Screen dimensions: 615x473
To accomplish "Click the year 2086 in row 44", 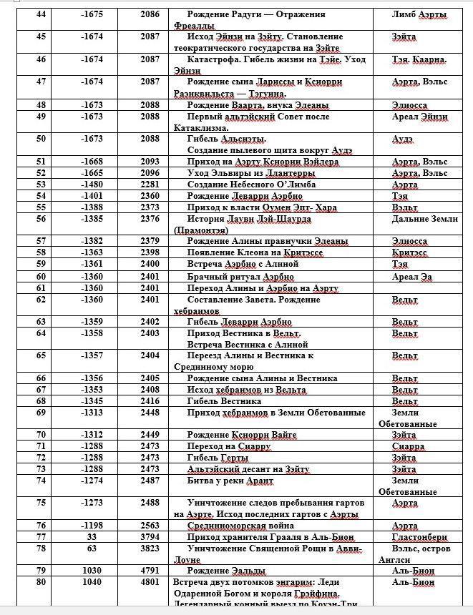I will [x=150, y=14].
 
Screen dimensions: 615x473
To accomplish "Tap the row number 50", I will [x=40, y=139].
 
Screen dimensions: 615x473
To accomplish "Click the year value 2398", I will [x=150, y=253].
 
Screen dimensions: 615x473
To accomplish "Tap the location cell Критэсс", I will [x=409, y=253].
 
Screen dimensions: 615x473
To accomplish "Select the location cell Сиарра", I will [x=408, y=446].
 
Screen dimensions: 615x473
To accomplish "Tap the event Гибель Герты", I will [x=218, y=458].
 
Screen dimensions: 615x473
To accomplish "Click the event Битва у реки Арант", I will [x=230, y=481].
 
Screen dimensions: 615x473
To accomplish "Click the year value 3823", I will [x=150, y=548].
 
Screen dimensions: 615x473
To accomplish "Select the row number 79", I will [x=40, y=571].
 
